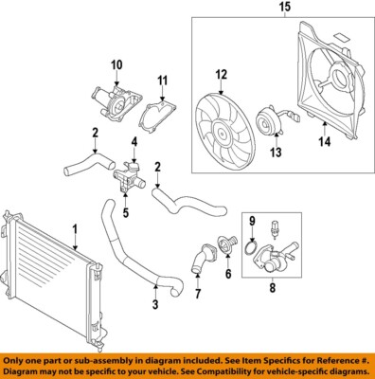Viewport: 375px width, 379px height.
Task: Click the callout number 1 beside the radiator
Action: pos(74,227)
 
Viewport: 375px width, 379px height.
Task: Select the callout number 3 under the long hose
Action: pos(154,304)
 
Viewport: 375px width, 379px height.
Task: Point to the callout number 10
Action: pos(116,64)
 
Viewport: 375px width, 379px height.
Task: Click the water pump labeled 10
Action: pos(112,99)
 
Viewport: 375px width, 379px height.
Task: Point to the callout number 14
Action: pos(325,142)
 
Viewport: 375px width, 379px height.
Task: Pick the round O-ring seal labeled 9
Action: pos(251,248)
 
